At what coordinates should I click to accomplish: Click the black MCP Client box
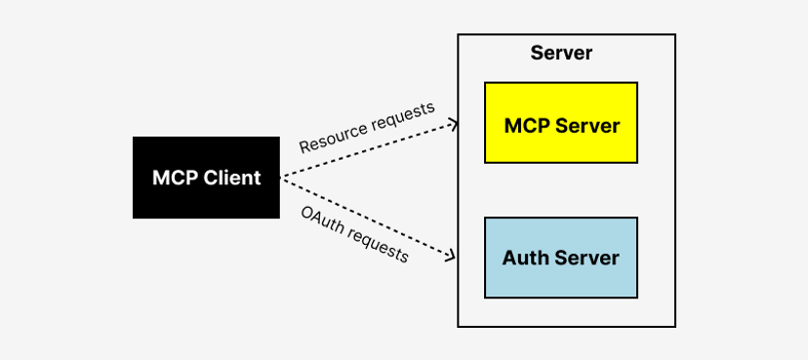tap(206, 178)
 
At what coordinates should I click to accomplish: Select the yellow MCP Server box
tap(561, 123)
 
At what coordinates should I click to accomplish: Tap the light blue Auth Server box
tap(561, 258)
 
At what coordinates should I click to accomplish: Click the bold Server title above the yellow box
tap(561, 53)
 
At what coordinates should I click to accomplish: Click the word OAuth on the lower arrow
tap(321, 220)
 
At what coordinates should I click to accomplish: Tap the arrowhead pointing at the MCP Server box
tap(454, 123)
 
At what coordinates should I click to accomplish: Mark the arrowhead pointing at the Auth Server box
tap(454, 258)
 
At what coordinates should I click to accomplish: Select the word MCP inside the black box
tap(173, 178)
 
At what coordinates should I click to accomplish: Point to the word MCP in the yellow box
tap(525, 126)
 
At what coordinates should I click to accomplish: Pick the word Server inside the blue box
tap(587, 259)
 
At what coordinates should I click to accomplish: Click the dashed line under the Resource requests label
tap(371, 149)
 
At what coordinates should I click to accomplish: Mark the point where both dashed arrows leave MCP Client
tap(281, 178)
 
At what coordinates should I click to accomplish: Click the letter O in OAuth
tap(306, 213)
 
